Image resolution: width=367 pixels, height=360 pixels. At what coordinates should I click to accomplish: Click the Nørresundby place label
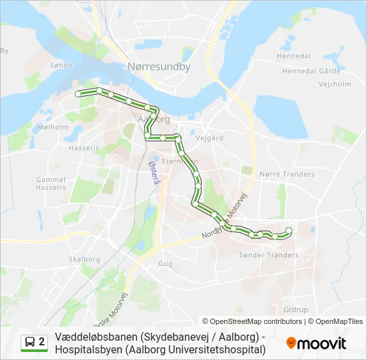pos(159,67)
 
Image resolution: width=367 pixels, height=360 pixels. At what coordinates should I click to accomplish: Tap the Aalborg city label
pos(153,119)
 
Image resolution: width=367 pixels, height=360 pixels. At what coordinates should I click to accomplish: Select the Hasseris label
pos(83,147)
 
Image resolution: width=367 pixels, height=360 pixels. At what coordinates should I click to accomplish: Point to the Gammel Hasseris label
pos(51,183)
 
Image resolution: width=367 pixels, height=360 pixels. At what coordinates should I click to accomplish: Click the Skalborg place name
pos(84,259)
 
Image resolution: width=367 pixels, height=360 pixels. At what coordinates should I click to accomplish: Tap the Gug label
pos(165,264)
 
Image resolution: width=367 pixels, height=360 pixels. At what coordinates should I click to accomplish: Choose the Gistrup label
pos(296,310)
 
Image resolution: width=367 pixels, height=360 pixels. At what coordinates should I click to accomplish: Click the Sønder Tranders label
pos(268,255)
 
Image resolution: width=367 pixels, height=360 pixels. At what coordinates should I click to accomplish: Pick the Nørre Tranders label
pos(287,175)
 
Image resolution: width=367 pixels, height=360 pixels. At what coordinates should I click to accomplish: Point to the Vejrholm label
pos(316,84)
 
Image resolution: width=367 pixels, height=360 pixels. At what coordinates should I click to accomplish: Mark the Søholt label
pos(61,65)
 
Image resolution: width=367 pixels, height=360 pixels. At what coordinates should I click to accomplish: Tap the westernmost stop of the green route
pos(78,94)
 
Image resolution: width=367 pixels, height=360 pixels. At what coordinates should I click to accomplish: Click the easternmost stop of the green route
pos(289,231)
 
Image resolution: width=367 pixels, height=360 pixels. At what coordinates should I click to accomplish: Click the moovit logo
pos(316,343)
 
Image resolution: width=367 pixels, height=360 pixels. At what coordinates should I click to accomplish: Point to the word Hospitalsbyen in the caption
pos(89,349)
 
